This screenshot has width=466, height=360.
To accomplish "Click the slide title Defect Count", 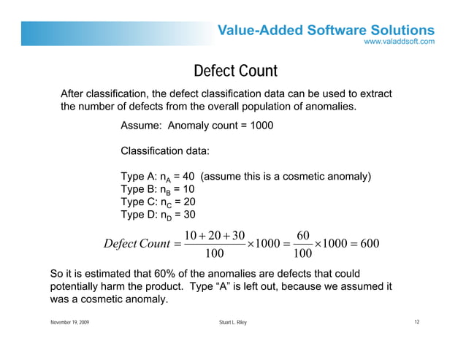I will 235,72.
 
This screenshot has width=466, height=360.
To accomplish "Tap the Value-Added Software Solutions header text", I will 326,30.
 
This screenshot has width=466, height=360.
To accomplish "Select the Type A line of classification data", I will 246,177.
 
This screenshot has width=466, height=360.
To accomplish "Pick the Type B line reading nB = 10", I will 157,189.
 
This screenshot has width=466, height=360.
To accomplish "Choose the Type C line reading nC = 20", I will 158,202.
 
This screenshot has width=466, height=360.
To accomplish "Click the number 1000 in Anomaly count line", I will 261,126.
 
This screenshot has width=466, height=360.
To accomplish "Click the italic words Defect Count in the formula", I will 137,243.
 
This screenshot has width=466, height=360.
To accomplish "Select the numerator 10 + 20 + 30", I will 215,234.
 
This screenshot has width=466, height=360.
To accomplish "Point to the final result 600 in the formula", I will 370,243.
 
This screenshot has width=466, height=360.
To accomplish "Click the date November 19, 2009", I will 69,323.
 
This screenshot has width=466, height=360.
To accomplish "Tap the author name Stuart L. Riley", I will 233,323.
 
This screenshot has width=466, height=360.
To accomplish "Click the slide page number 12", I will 416,322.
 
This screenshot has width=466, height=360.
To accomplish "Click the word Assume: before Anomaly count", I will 141,126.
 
